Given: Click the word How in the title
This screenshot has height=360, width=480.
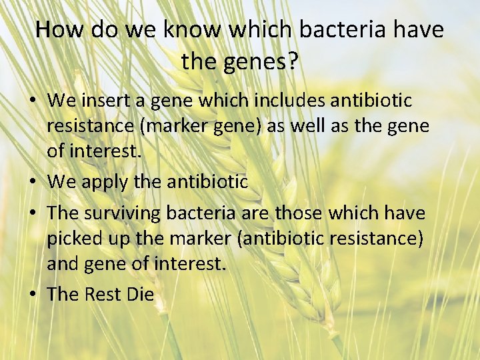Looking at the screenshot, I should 57,30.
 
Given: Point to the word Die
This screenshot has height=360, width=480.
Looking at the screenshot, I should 141,294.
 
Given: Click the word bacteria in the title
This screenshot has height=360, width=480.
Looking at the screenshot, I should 347,30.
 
